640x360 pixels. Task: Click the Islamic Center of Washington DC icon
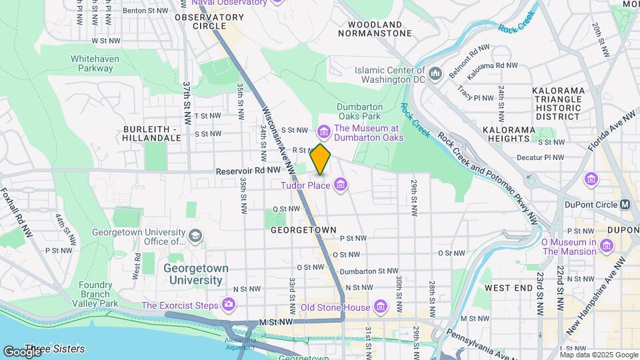[x=436, y=73]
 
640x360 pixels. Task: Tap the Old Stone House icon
[x=380, y=307]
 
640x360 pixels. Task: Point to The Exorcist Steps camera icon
[x=229, y=305]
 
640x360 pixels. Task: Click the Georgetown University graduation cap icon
[x=195, y=236]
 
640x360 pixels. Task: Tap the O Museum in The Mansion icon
[x=606, y=246]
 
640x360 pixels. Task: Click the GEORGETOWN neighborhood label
[x=303, y=229]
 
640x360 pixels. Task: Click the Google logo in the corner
[x=21, y=351]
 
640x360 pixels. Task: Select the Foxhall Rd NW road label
[x=17, y=213]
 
